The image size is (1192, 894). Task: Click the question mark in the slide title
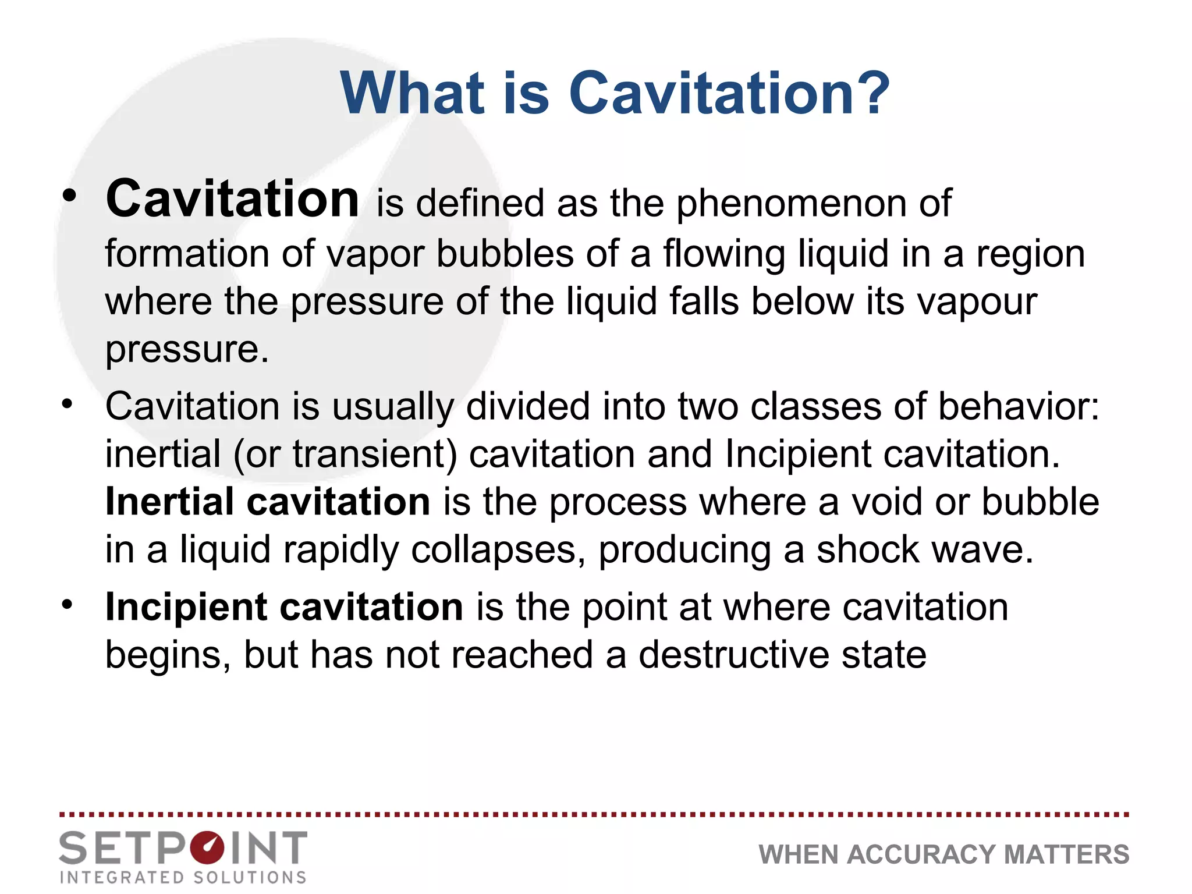[x=868, y=93]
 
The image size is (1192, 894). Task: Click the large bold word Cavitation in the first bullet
[x=232, y=199]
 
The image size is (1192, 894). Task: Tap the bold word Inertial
[x=169, y=501]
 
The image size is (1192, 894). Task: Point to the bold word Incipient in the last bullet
[x=186, y=607]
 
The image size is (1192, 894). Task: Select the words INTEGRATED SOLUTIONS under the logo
[x=183, y=877]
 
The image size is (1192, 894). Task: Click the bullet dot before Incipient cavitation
[x=68, y=604]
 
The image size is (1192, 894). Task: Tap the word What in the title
[x=412, y=93]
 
